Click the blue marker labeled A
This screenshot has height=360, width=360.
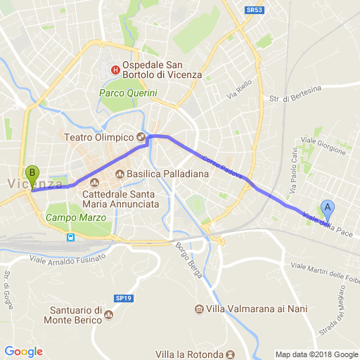pyautogui.click(x=327, y=209)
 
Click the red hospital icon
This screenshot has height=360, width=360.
pyautogui.click(x=115, y=70)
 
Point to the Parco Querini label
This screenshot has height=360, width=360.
pyautogui.click(x=128, y=93)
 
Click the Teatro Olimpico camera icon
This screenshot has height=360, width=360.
pyautogui.click(x=141, y=137)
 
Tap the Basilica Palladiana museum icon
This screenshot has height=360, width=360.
pyautogui.click(x=120, y=174)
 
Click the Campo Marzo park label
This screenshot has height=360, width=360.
pyautogui.click(x=70, y=218)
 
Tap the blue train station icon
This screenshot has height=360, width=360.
pyautogui.click(x=71, y=237)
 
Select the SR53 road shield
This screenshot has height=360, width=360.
pyautogui.click(x=254, y=10)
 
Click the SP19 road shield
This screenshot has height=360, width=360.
pyautogui.click(x=123, y=299)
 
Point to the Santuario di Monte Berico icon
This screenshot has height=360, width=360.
pyautogui.click(x=108, y=314)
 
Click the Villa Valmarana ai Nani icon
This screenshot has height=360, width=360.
pyautogui.click(x=200, y=309)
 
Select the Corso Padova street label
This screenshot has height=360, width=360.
pyautogui.click(x=222, y=166)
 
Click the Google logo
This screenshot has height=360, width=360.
pyautogui.click(x=23, y=352)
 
